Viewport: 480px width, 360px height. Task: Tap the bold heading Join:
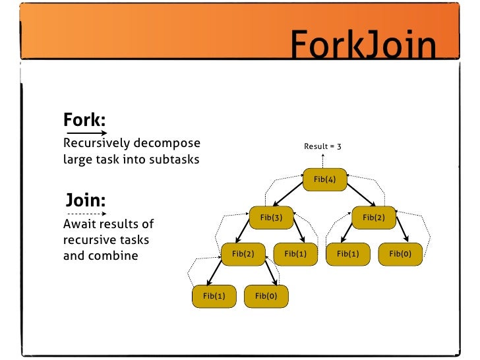86,200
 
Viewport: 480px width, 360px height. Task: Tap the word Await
80,224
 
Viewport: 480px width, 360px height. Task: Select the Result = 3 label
322,146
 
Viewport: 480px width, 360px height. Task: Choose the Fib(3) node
271,216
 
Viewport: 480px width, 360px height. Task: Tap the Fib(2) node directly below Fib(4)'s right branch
373,216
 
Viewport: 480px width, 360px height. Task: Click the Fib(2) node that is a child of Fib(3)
243,253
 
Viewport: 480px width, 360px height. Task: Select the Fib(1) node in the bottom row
214,296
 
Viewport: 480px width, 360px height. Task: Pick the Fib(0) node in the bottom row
266,296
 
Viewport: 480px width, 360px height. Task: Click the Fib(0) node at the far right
400,253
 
